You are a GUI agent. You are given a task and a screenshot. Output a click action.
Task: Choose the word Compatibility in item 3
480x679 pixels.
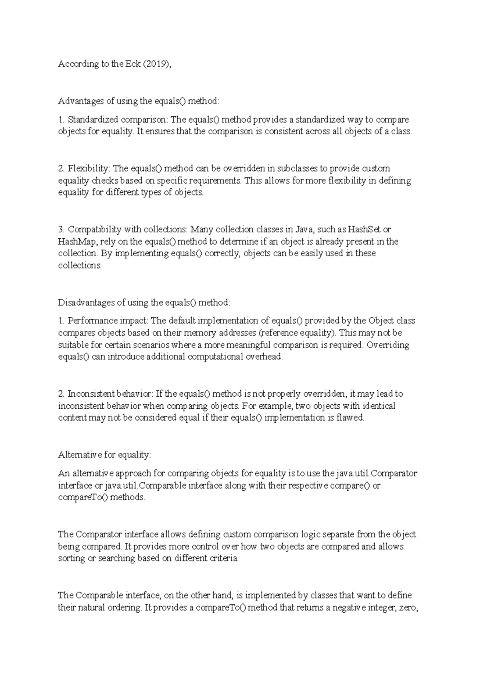tap(94, 230)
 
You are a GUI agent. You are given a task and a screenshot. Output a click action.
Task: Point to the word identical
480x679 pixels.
tap(379, 406)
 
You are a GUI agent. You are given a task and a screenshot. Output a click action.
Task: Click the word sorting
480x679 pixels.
tap(71, 559)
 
